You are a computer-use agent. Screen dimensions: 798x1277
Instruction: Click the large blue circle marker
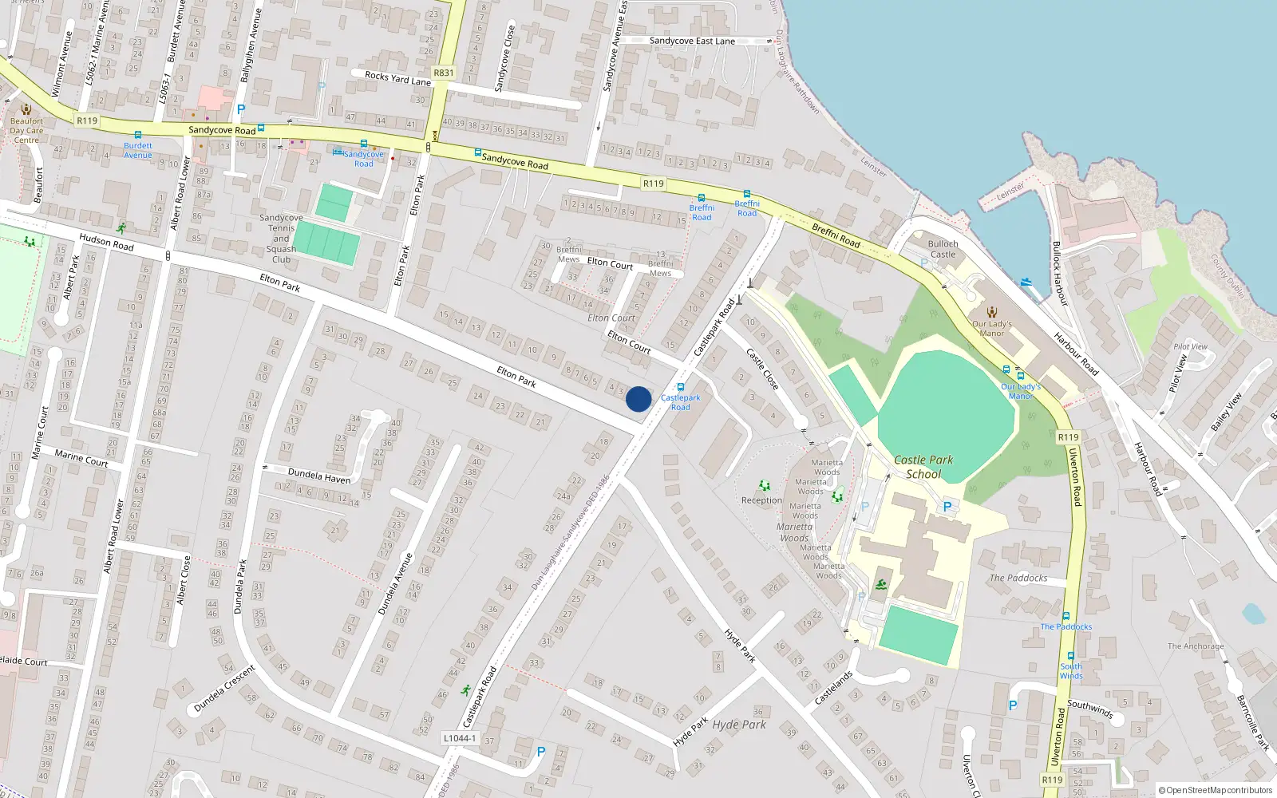point(638,399)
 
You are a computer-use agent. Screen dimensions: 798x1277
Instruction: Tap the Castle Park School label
point(923,467)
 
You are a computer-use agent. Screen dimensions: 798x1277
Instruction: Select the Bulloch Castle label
point(943,249)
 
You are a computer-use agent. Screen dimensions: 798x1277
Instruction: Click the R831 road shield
point(443,73)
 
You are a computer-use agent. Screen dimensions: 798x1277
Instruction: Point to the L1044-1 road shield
point(460,738)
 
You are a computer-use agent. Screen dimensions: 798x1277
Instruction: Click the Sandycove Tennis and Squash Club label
point(281,238)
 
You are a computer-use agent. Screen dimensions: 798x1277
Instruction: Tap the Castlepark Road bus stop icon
point(681,387)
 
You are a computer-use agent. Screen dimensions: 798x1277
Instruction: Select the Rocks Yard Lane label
point(397,78)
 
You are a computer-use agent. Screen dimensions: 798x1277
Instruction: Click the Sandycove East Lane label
point(692,41)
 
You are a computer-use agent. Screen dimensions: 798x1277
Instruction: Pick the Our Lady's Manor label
point(991,329)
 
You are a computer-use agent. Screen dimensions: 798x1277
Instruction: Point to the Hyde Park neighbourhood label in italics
point(739,725)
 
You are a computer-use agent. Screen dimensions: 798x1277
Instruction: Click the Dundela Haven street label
point(318,476)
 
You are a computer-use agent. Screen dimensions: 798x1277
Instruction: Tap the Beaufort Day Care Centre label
point(26,130)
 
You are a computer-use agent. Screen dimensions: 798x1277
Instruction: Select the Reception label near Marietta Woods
point(761,500)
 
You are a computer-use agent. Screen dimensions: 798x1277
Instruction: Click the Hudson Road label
point(106,242)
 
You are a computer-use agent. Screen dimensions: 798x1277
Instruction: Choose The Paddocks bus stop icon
point(1065,616)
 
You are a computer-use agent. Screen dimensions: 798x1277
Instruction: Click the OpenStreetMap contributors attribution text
point(1215,790)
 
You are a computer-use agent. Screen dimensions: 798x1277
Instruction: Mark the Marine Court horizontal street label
point(81,458)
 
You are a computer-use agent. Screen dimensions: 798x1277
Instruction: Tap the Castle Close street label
point(762,368)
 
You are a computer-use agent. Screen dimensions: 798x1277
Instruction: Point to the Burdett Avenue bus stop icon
point(138,136)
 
